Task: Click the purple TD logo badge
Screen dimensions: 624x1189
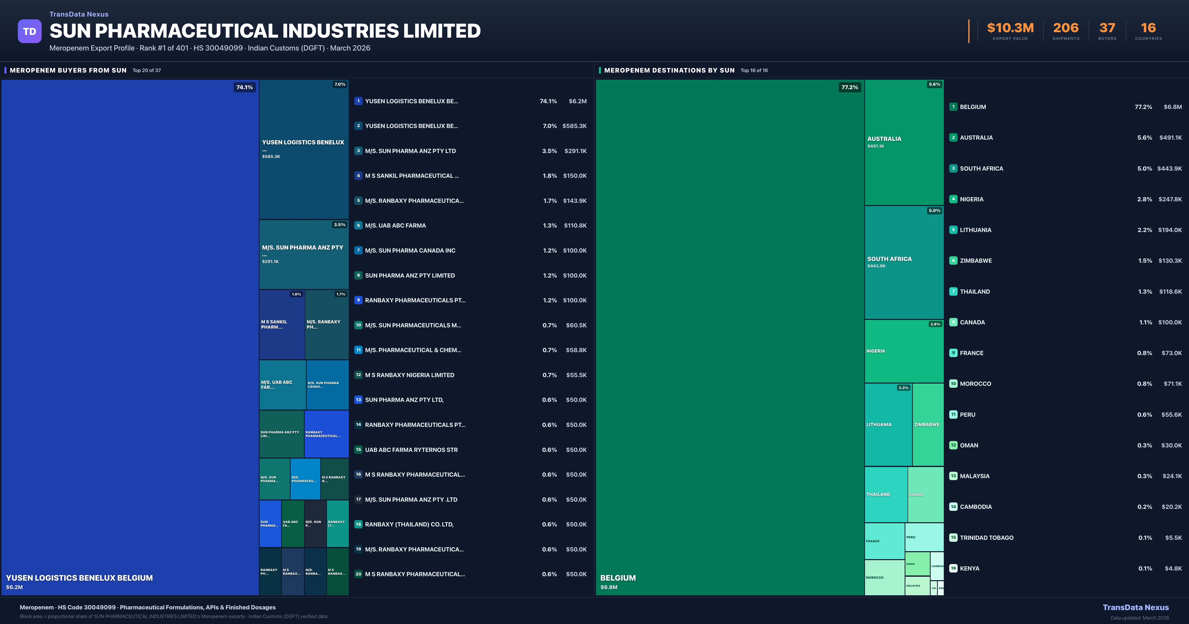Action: coord(29,31)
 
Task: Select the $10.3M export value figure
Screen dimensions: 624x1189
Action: coord(1010,28)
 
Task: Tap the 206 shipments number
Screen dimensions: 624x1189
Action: coord(1065,28)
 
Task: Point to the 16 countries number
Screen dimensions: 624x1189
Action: coord(1148,28)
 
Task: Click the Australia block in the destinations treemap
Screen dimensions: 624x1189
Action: coord(903,142)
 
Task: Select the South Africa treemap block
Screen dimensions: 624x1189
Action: coord(903,262)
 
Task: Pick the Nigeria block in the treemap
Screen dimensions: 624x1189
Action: coord(903,351)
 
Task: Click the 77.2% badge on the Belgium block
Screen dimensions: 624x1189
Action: coord(849,87)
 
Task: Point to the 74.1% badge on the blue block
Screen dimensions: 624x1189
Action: coord(244,87)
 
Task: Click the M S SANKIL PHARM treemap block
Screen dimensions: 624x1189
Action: coord(282,324)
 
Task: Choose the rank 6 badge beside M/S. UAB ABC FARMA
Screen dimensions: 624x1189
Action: coord(358,225)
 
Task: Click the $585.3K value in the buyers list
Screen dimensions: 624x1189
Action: coord(574,126)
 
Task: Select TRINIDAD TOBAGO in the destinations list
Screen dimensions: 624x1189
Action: coord(986,538)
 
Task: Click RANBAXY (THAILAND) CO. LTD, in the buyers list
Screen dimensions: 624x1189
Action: coord(409,524)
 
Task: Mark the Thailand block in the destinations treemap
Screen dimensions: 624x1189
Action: coord(885,494)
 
